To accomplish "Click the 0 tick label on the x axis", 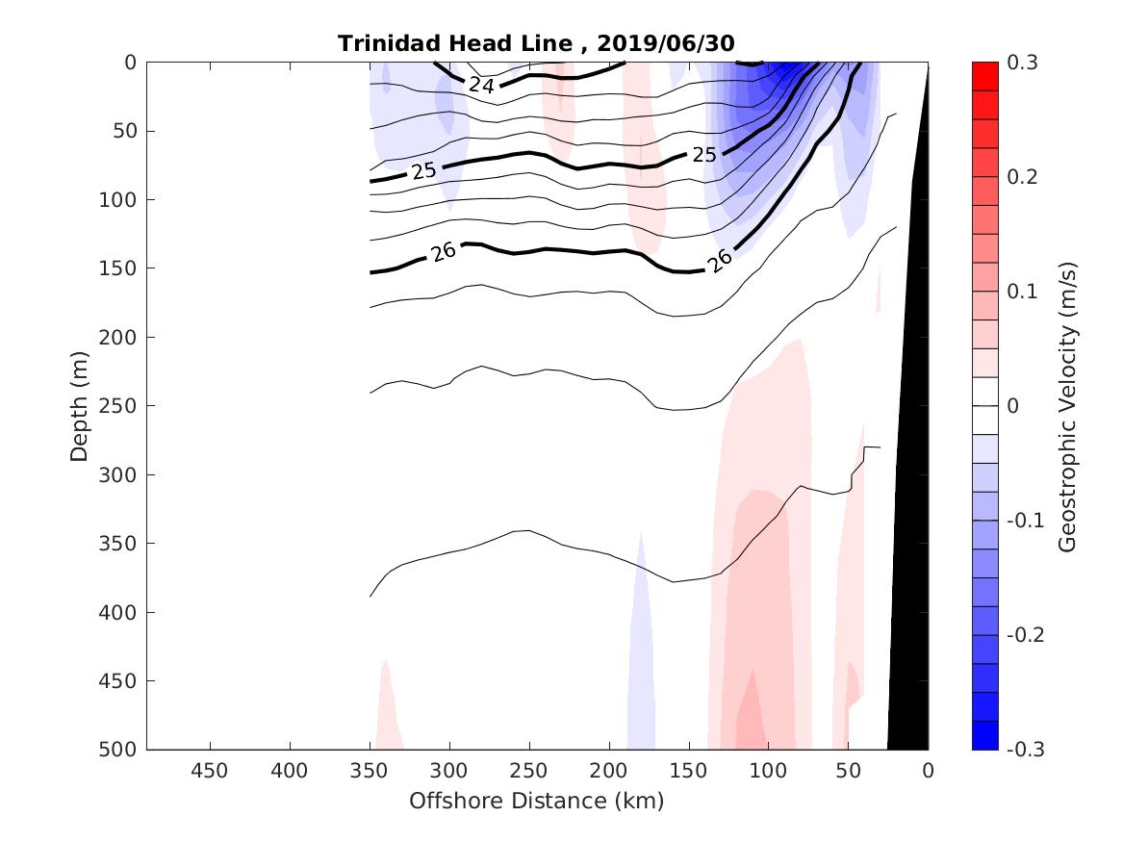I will pyautogui.click(x=928, y=771).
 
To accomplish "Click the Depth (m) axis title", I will pyautogui.click(x=80, y=406).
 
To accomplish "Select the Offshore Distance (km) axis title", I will pyautogui.click(x=537, y=801).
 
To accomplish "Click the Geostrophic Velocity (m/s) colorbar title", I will pyautogui.click(x=1066, y=406).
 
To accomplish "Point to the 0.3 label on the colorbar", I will pyautogui.click(x=1022, y=63).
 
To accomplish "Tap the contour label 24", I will pyautogui.click(x=481, y=86).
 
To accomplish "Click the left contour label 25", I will pyautogui.click(x=423, y=170).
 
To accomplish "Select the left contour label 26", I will pyautogui.click(x=443, y=253).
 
